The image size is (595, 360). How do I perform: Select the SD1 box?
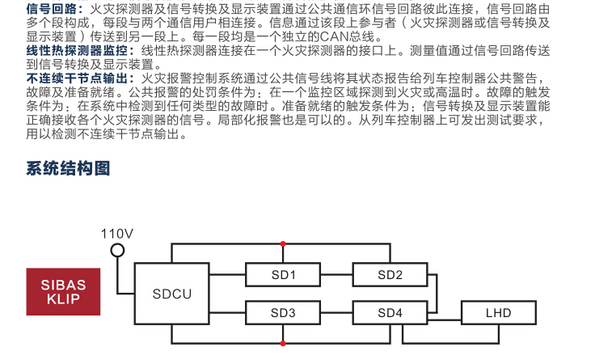[283, 275]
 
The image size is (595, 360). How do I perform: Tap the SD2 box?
[390, 275]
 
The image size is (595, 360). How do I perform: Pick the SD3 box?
[283, 312]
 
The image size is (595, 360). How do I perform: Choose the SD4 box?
[390, 312]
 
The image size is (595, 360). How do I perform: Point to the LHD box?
[498, 312]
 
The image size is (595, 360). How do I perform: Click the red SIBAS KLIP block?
[62, 292]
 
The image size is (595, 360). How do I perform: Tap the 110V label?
[116, 233]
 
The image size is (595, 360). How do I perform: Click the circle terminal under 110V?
[117, 250]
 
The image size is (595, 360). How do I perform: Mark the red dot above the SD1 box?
[283, 243]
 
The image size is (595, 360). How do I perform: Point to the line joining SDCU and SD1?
[228, 275]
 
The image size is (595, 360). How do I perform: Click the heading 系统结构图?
[68, 169]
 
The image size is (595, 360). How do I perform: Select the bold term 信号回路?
[50, 9]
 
